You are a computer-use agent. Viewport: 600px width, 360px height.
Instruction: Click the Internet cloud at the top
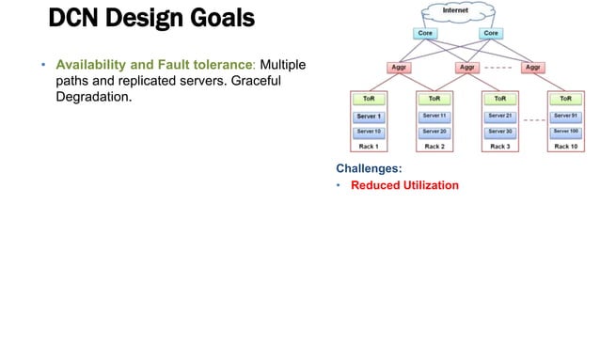point(457,13)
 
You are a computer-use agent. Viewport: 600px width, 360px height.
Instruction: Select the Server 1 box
point(369,116)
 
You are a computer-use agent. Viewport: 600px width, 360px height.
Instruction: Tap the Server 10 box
point(369,131)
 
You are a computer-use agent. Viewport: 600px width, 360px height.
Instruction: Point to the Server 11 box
point(434,116)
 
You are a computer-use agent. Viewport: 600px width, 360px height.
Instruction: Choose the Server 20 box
point(434,131)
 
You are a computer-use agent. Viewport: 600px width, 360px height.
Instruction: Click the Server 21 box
point(500,116)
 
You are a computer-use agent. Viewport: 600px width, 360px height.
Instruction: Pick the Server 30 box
point(500,131)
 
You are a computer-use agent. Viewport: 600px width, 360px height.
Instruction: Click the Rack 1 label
point(369,147)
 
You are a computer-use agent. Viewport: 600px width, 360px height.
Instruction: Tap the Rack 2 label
point(434,147)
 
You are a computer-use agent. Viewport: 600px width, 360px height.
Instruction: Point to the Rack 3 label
point(500,147)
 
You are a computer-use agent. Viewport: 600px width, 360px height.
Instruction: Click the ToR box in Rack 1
point(369,97)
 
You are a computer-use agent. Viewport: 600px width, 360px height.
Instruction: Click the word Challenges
point(369,168)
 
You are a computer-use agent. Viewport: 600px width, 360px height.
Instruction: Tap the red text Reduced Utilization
point(404,185)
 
